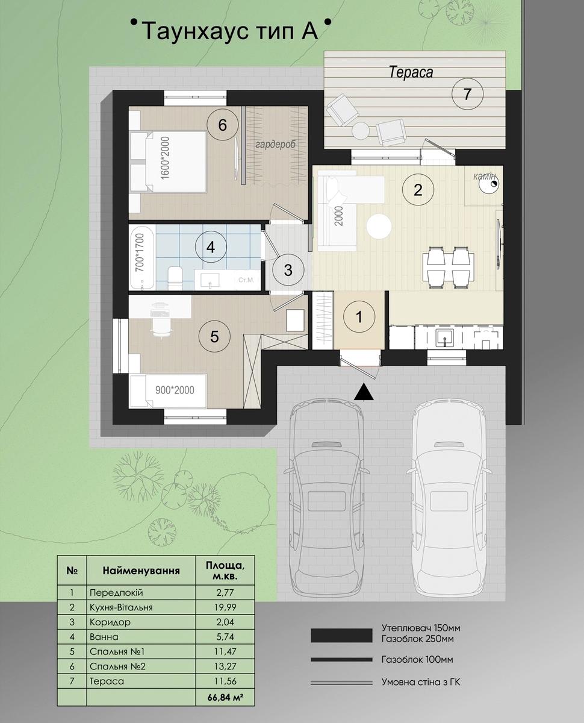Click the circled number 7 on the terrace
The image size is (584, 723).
click(x=467, y=93)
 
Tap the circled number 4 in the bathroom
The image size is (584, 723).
click(x=211, y=247)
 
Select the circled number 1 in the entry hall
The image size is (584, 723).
click(x=359, y=317)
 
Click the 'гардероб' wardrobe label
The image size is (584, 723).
click(x=275, y=144)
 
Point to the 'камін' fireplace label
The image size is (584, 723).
click(x=485, y=176)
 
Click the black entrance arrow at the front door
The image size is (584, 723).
click(x=364, y=392)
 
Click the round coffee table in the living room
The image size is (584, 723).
click(x=379, y=226)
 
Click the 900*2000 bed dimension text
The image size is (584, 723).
click(x=175, y=390)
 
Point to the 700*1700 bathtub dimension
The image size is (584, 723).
click(x=140, y=253)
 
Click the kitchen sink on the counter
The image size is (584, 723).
click(x=445, y=337)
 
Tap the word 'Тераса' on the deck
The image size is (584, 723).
click(x=411, y=72)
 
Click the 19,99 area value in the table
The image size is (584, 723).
click(x=225, y=607)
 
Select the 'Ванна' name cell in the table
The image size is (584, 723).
click(x=104, y=636)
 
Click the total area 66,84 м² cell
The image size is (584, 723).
click(x=225, y=698)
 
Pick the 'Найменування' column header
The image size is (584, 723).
click(x=141, y=570)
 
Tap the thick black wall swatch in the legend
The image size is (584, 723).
click(x=341, y=636)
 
